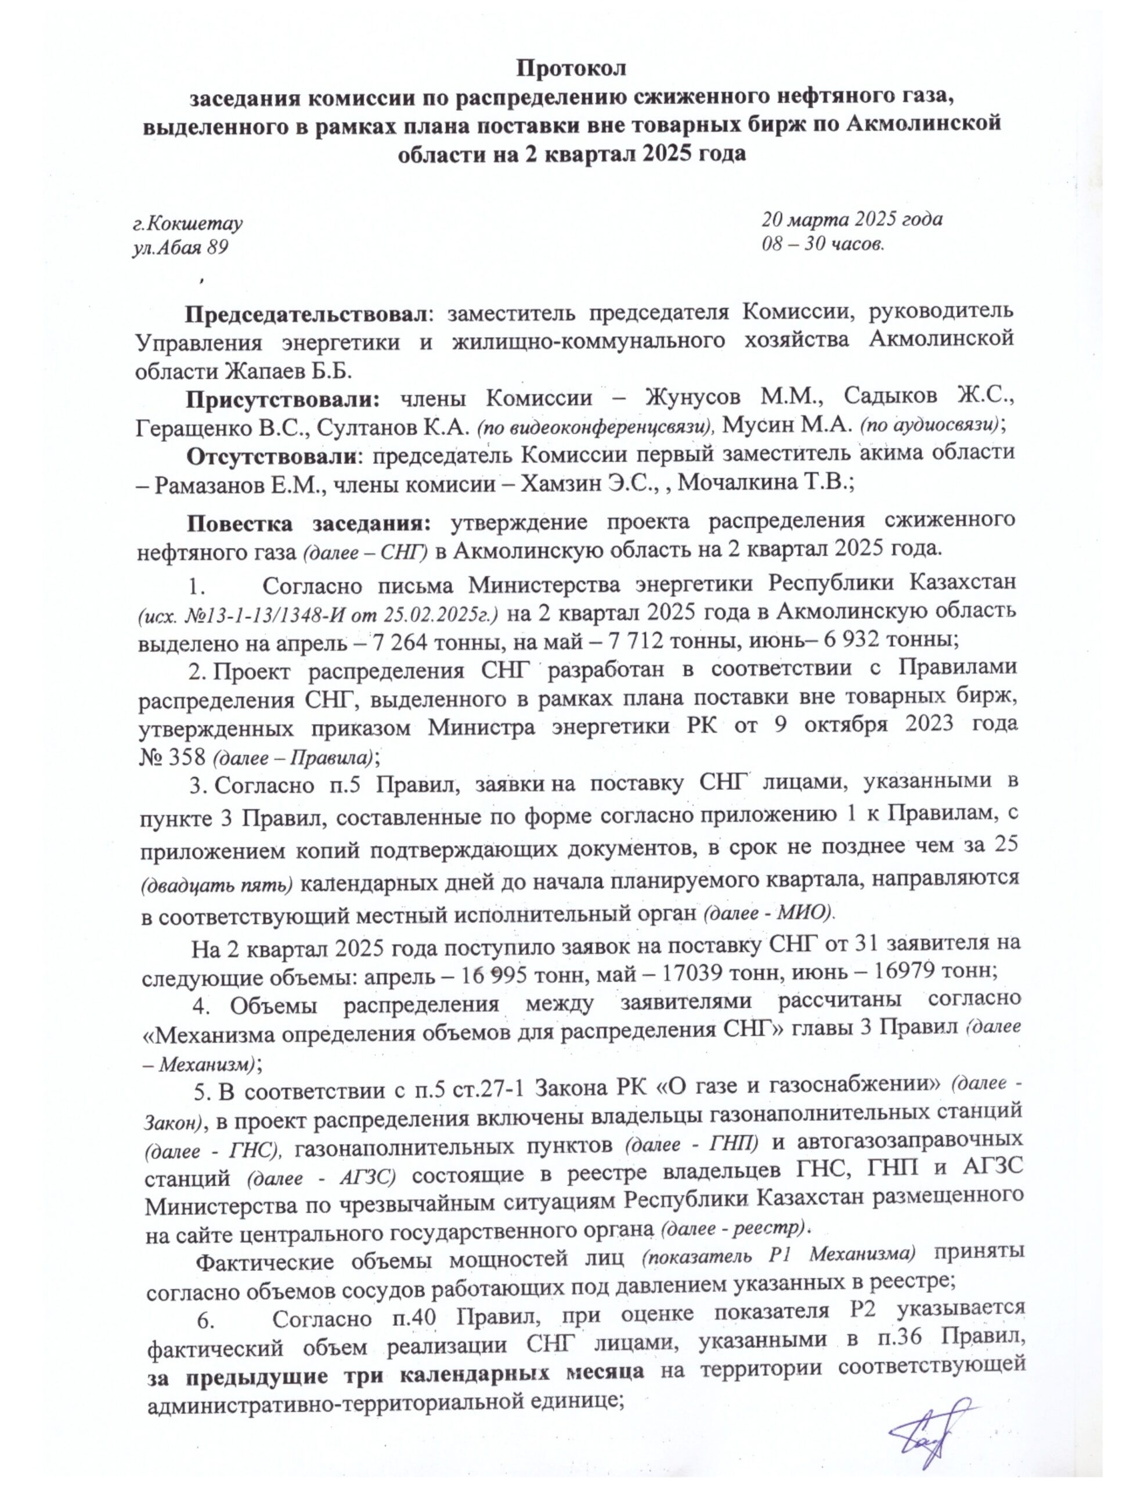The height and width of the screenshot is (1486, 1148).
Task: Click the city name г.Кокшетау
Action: [x=188, y=222]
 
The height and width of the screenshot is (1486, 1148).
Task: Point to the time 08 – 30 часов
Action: [x=822, y=244]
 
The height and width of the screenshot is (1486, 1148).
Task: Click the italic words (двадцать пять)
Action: [x=218, y=885]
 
